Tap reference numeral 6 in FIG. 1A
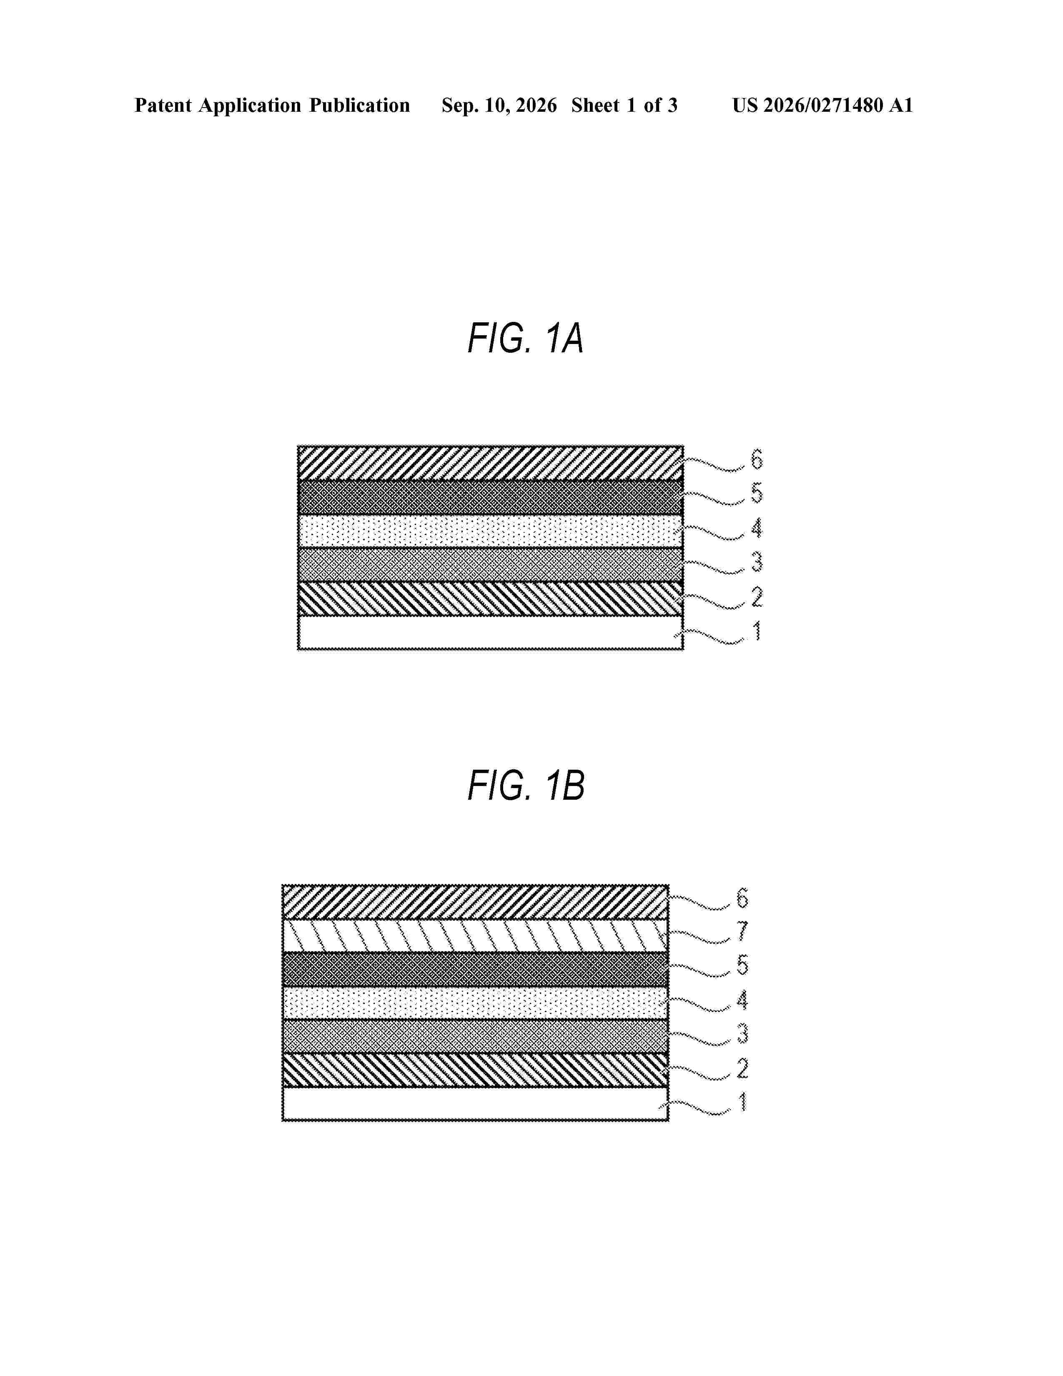(756, 460)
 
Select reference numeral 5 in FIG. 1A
(756, 493)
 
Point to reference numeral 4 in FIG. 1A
(756, 528)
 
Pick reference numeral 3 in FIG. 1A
(756, 562)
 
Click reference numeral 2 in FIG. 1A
(756, 597)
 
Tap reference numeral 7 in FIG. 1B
(742, 931)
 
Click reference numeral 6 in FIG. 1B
(742, 898)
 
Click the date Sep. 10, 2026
(499, 105)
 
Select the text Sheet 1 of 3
(624, 105)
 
